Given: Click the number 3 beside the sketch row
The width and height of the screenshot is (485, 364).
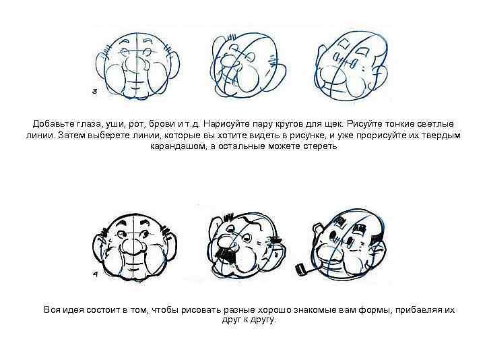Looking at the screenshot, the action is pyautogui.click(x=95, y=91).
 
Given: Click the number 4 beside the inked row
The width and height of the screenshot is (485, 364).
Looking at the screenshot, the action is pyautogui.click(x=96, y=274).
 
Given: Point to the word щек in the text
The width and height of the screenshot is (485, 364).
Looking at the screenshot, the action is pyautogui.click(x=334, y=125).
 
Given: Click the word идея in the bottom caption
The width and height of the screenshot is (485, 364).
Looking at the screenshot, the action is pyautogui.click(x=73, y=310).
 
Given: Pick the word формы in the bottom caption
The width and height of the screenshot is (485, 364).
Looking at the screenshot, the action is pyautogui.click(x=375, y=310).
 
